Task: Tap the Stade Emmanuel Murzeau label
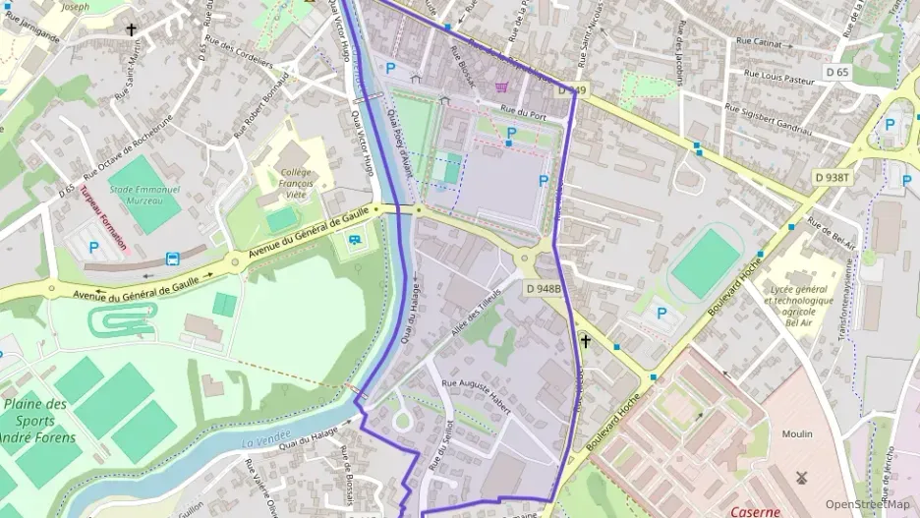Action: [x=136, y=193]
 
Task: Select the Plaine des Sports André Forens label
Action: [x=37, y=421]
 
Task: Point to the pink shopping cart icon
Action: [x=503, y=86]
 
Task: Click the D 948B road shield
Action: [x=543, y=289]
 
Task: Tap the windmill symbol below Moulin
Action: [x=799, y=477]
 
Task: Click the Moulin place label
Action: [x=797, y=433]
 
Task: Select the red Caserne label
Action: [x=756, y=511]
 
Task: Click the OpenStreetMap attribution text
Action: [x=867, y=504]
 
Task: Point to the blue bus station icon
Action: [x=173, y=259]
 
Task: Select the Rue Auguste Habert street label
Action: [x=477, y=395]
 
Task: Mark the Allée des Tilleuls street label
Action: [x=476, y=313]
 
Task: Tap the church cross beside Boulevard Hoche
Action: [x=586, y=342]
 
